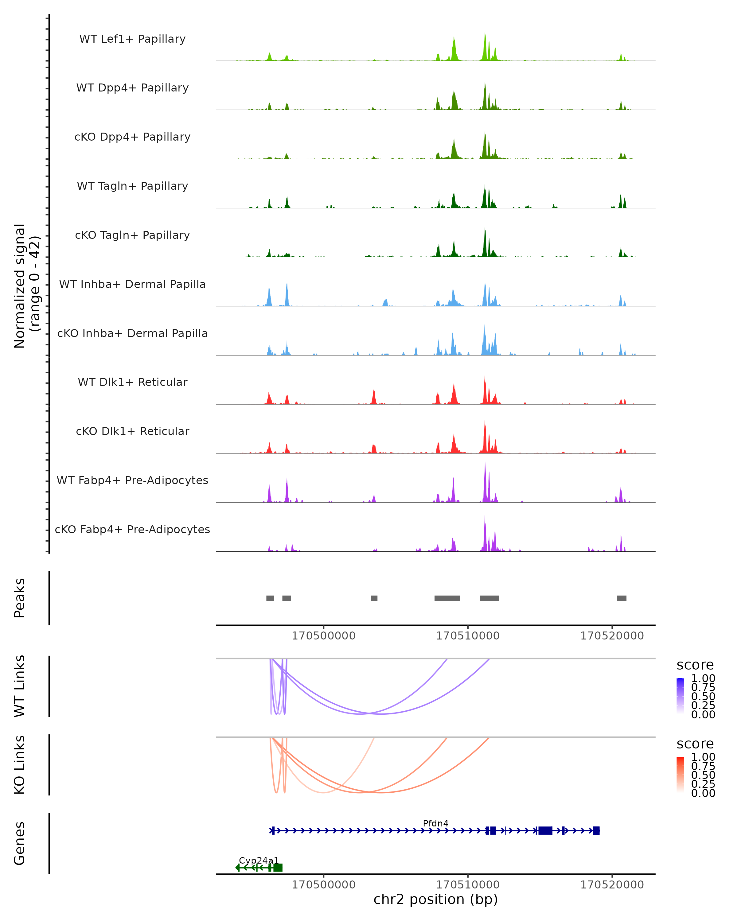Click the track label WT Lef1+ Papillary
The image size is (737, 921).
coord(132,39)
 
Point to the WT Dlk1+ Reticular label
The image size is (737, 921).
coord(132,382)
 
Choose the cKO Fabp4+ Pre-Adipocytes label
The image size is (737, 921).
coord(132,529)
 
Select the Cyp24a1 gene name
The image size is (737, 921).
coord(259,860)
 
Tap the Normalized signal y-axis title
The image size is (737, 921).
coord(26,286)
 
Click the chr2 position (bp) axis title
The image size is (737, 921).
coord(435,899)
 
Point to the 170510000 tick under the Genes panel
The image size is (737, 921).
coord(467,885)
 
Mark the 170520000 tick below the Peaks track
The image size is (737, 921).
coord(612,636)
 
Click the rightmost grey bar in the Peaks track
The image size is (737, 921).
coord(622,598)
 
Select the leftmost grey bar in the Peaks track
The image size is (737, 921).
coord(270,598)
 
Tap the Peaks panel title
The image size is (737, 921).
coord(20,598)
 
